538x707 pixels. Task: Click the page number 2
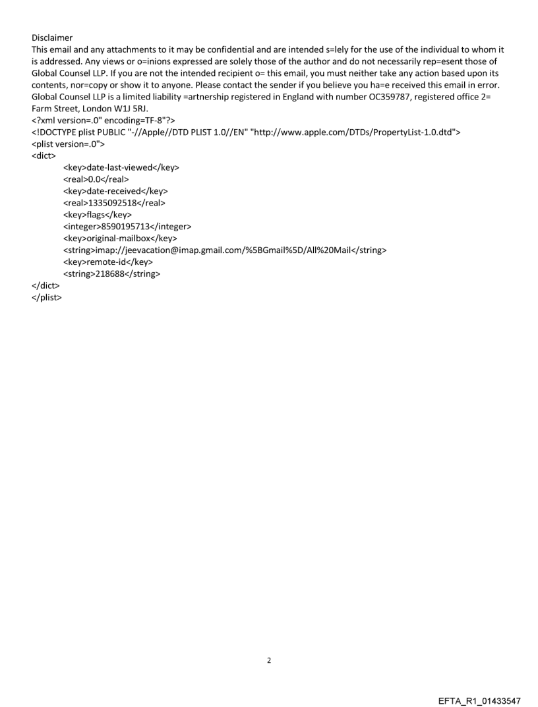click(268, 660)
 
